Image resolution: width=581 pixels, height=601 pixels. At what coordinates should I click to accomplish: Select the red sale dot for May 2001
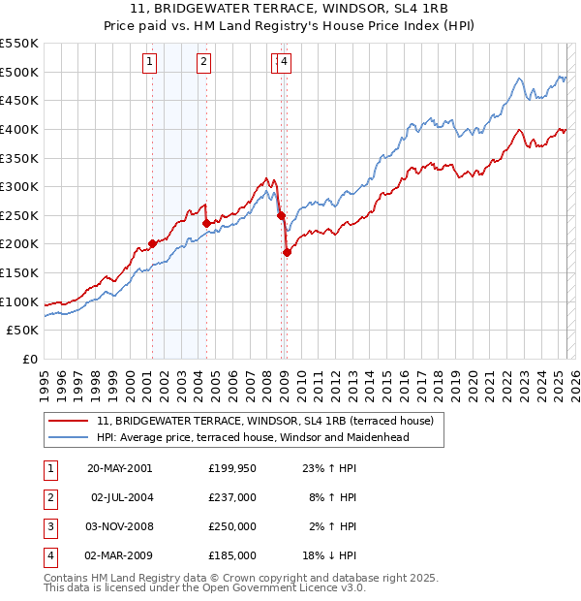(x=152, y=244)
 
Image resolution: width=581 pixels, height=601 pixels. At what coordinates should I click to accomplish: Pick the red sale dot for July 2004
(x=206, y=223)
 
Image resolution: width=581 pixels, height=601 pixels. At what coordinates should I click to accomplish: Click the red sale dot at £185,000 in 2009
(x=287, y=253)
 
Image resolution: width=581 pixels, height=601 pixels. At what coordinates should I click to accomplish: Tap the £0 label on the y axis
(x=29, y=360)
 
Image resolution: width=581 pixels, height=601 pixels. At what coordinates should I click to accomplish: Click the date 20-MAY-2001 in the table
(x=120, y=468)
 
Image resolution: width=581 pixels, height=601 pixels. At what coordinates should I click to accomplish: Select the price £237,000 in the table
(x=231, y=497)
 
